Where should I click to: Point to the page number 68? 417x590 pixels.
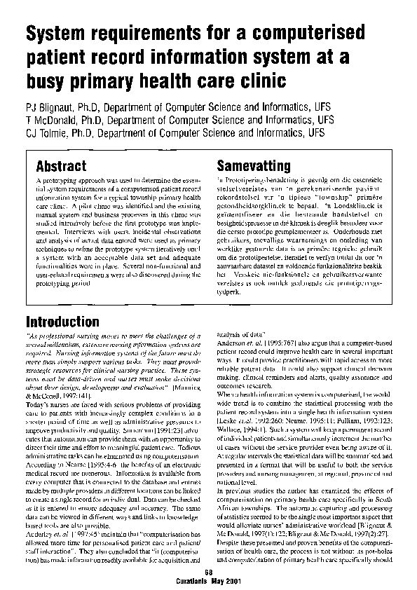208,572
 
